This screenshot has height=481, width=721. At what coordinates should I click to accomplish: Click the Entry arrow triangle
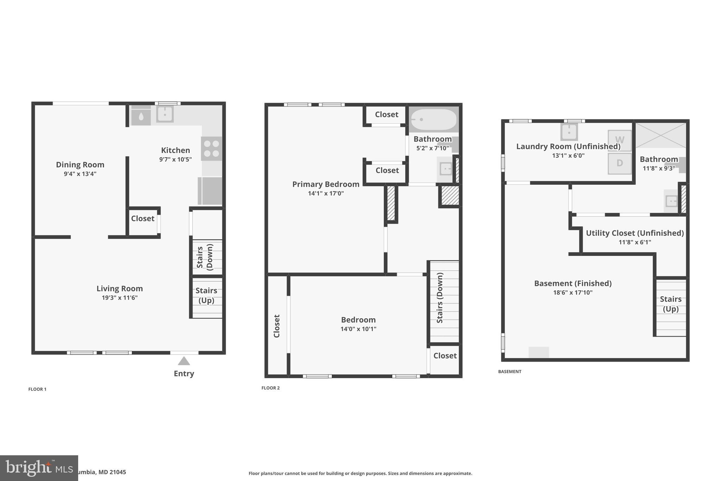pyautogui.click(x=184, y=361)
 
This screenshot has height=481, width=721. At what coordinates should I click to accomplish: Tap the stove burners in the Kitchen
pyautogui.click(x=212, y=149)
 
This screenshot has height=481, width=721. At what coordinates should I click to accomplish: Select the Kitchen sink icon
pyautogui.click(x=165, y=114)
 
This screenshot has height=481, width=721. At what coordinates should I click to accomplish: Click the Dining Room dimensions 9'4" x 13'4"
pyautogui.click(x=80, y=174)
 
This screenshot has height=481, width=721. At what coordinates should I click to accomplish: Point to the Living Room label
pyautogui.click(x=120, y=289)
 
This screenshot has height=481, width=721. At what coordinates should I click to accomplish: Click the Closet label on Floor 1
pyautogui.click(x=143, y=218)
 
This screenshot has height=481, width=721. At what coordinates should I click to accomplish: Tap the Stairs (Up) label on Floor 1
pyautogui.click(x=206, y=295)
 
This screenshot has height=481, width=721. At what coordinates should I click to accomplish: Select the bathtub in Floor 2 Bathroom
pyautogui.click(x=433, y=119)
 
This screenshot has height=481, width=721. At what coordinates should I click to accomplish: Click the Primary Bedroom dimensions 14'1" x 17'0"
pyautogui.click(x=326, y=193)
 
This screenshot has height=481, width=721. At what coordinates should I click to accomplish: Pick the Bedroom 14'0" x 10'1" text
pyautogui.click(x=358, y=329)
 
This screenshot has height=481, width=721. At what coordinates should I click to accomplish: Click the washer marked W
pyautogui.click(x=620, y=140)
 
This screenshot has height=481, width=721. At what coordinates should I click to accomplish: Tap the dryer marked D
pyautogui.click(x=620, y=163)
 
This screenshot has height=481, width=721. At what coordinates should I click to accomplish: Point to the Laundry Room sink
pyautogui.click(x=569, y=132)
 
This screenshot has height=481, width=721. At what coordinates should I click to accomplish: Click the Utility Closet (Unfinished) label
pyautogui.click(x=635, y=233)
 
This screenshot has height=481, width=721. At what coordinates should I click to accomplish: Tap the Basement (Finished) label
pyautogui.click(x=573, y=283)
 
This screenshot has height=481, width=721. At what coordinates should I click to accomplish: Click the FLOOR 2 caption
pyautogui.click(x=270, y=388)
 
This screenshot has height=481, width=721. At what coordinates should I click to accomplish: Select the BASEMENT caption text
pyautogui.click(x=509, y=371)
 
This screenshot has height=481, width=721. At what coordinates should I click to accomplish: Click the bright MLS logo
pyautogui.click(x=39, y=468)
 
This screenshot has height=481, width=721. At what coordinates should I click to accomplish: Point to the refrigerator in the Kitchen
pyautogui.click(x=210, y=191)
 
